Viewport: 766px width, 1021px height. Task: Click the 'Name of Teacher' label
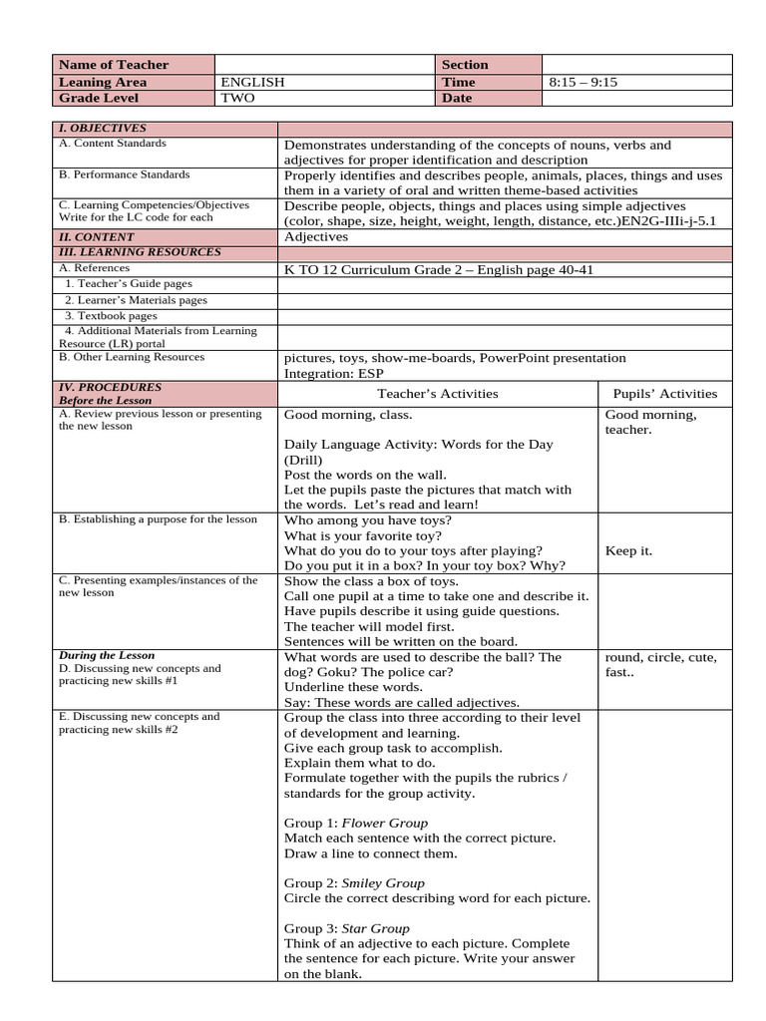(114, 65)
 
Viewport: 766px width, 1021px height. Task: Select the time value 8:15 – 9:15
(583, 82)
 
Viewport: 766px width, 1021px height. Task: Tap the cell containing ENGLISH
(253, 82)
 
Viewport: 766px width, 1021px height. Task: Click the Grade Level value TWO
(239, 98)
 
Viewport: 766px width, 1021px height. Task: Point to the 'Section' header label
(465, 65)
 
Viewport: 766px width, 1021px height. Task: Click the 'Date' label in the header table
(459, 98)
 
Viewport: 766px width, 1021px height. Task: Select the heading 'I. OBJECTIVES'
(103, 129)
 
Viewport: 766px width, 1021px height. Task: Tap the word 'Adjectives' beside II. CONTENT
(316, 237)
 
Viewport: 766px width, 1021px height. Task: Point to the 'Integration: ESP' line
(335, 372)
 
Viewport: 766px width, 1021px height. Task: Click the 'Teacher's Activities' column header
(438, 394)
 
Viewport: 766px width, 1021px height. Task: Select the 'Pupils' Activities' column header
(664, 394)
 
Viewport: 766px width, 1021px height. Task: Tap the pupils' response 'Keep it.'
(628, 550)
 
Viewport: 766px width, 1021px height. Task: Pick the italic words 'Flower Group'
(385, 823)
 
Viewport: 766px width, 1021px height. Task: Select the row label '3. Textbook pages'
(111, 315)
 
